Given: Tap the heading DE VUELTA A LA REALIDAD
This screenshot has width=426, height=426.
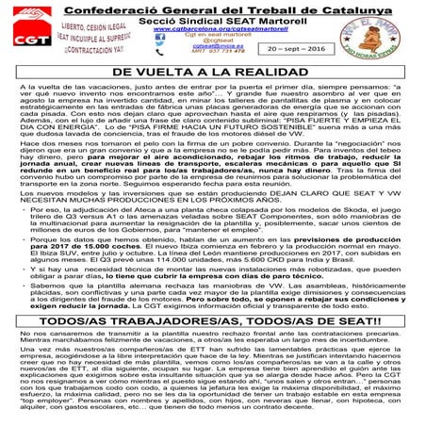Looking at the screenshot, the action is (212, 72).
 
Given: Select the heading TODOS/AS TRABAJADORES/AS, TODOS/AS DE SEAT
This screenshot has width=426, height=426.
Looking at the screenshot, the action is (212, 319).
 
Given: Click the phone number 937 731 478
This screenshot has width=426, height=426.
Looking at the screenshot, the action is (223, 55).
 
